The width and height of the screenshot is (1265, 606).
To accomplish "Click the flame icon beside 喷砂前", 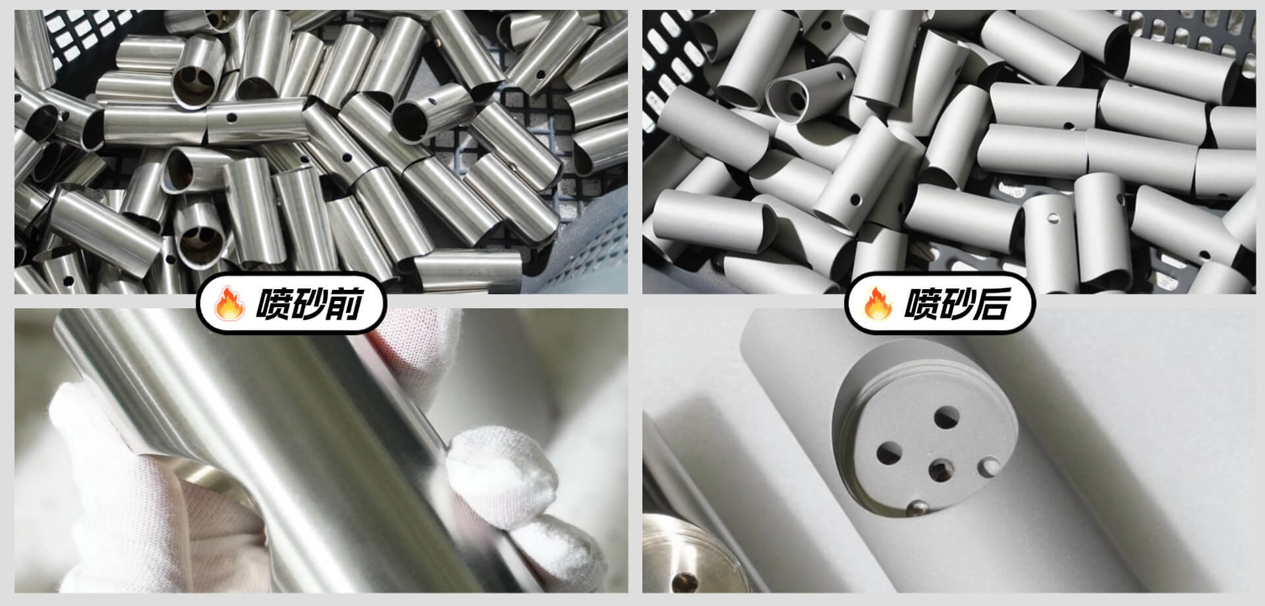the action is tap(230, 304).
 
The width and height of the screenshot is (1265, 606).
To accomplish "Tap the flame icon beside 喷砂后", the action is tap(878, 304).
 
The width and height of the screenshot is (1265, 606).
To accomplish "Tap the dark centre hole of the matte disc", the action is tap(940, 470).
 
